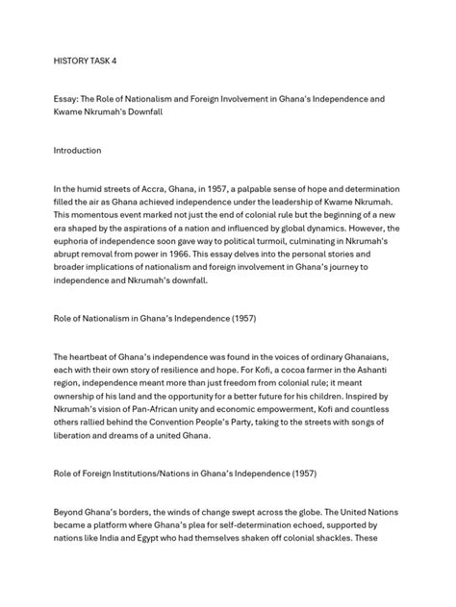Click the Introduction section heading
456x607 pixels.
click(x=88, y=150)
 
